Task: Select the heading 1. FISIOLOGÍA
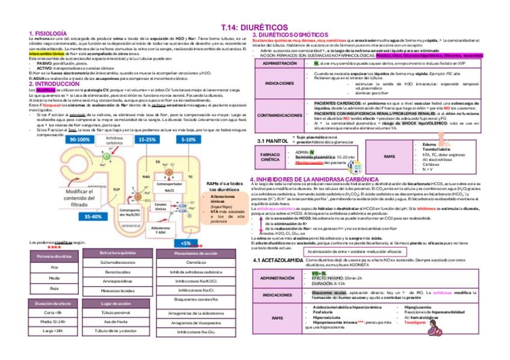point(48,32)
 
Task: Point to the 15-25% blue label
point(147,139)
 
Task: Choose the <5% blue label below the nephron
point(185,243)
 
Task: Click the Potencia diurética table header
point(54,255)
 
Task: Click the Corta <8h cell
point(54,313)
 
